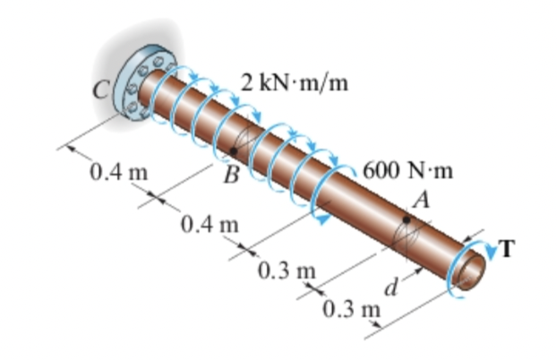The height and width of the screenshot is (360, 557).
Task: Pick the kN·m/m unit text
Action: pyautogui.click(x=304, y=84)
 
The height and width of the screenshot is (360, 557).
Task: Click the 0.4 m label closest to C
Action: pyautogui.click(x=113, y=170)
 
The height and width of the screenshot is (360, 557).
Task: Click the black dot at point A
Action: pyautogui.click(x=407, y=219)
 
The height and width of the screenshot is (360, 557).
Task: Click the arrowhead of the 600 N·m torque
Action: pyautogui.click(x=316, y=215)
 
